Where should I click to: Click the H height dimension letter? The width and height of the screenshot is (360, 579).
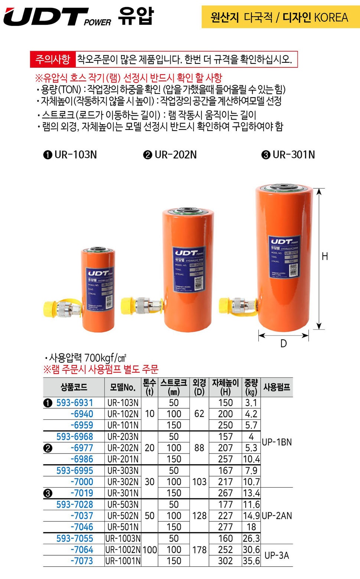click(x=325, y=256)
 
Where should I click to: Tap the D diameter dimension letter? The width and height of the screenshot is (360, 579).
click(x=284, y=344)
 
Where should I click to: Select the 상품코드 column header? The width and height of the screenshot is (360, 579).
click(x=74, y=387)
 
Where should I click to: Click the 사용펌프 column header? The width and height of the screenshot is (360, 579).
click(x=276, y=387)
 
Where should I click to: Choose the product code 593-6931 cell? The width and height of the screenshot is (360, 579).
click(x=75, y=403)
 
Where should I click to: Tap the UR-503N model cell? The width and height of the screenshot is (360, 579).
click(x=123, y=505)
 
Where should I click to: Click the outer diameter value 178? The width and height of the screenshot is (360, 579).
click(x=199, y=550)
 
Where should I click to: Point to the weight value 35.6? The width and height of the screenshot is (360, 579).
click(x=251, y=561)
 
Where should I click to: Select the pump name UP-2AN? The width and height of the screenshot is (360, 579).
click(x=276, y=516)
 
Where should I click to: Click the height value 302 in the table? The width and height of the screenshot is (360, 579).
click(x=225, y=561)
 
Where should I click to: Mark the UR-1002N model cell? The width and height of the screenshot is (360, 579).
click(x=123, y=550)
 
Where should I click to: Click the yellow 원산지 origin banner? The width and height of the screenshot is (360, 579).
click(x=280, y=17)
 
